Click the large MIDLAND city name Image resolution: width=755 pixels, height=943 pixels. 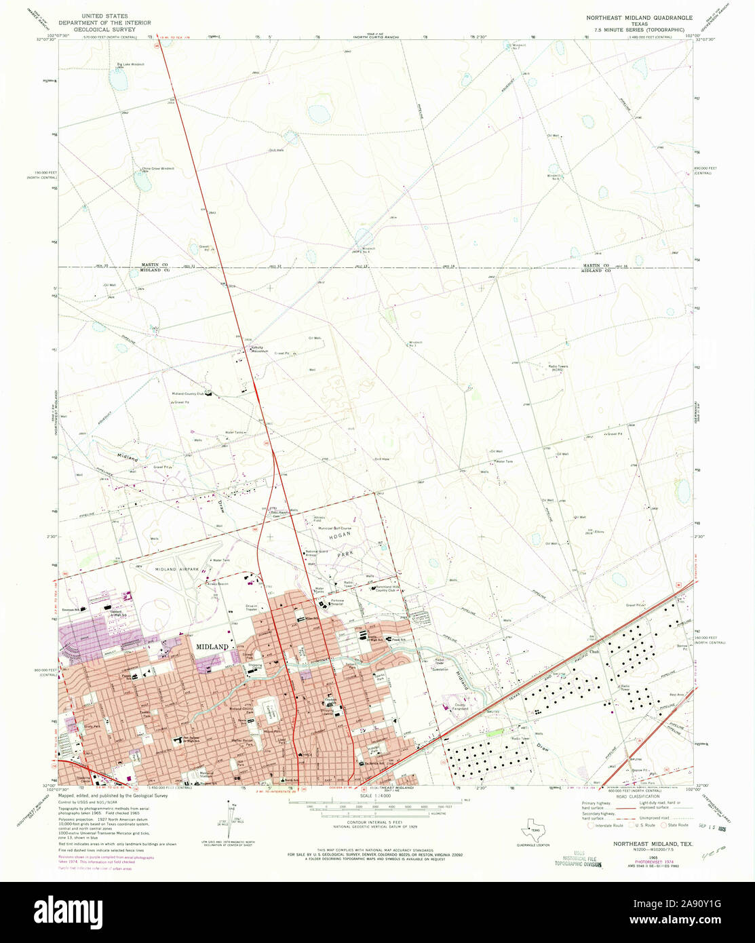[212, 647]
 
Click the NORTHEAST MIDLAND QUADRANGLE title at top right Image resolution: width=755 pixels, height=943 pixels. [640, 17]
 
